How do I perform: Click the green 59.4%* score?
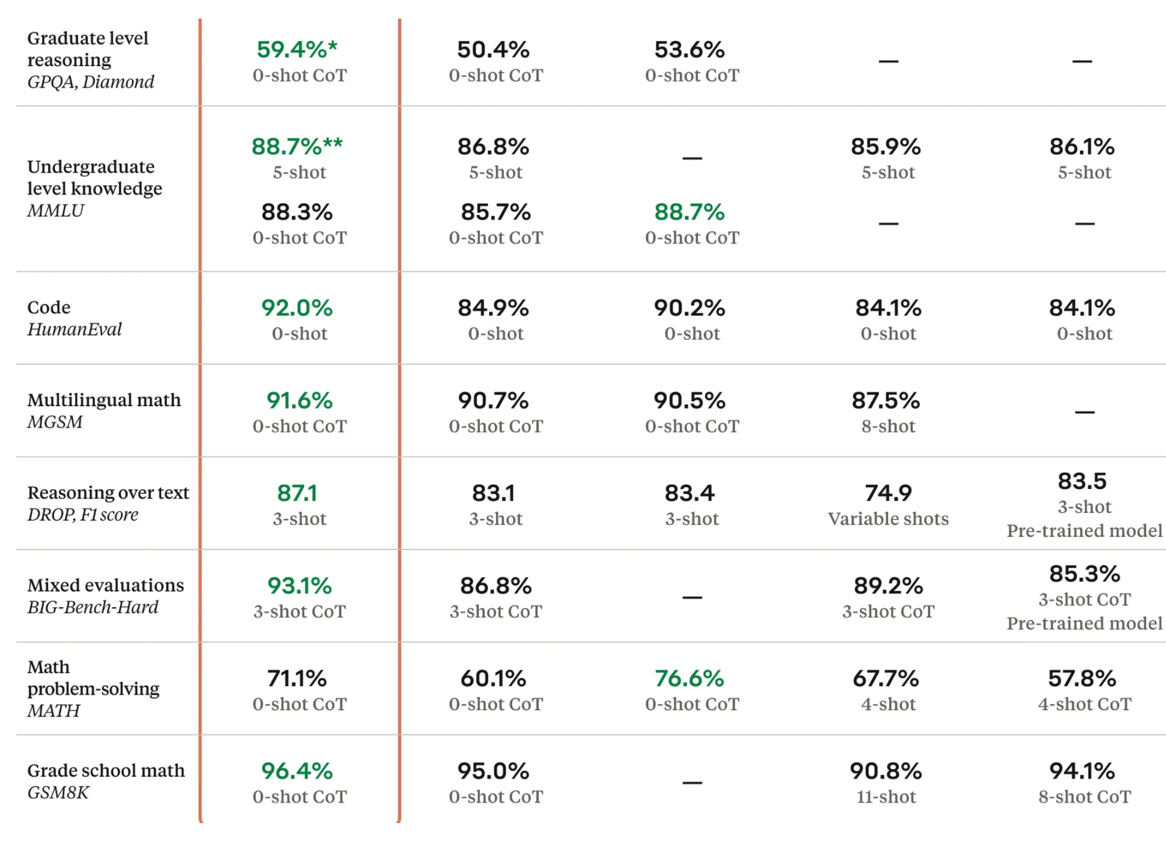pos(296,50)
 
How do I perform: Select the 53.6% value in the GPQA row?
pos(689,50)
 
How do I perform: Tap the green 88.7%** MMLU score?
pos(296,147)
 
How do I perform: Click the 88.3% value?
pos(296,212)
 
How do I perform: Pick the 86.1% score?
pos(1082,147)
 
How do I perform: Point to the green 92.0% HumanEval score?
pos(296,308)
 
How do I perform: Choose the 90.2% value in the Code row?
pos(689,308)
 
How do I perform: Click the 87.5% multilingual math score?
pos(886,401)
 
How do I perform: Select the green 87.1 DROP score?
pos(296,493)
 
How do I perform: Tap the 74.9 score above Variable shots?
pos(888,493)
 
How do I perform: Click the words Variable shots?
pos(888,519)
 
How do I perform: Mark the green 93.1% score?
pos(299,586)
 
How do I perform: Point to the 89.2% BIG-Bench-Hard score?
pos(888,586)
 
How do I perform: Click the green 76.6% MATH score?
pos(689,679)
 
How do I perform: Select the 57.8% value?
pos(1082,679)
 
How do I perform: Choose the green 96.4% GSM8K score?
pos(296,771)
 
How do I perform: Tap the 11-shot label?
pos(886,797)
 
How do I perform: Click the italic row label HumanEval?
pos(74,329)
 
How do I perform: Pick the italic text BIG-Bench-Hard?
pos(93,607)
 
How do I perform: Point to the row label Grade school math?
pos(106,771)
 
